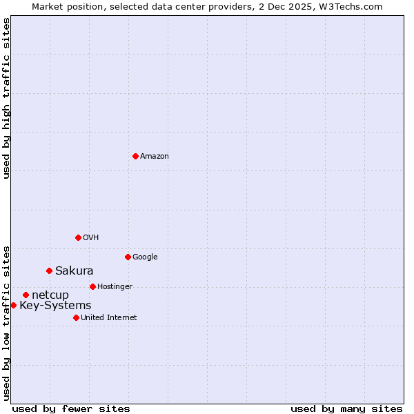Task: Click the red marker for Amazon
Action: [x=135, y=156]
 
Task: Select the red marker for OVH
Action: [x=78, y=237]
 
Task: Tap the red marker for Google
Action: [x=128, y=257]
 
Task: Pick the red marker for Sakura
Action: [x=49, y=270]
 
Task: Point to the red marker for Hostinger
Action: [x=92, y=286]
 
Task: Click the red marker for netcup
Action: [x=26, y=295]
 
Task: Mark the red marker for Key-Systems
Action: [x=13, y=305]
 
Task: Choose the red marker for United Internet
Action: [x=76, y=317]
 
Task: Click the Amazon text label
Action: [x=155, y=157]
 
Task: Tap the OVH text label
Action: [x=91, y=238]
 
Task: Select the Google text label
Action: [x=145, y=257]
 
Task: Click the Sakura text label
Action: [x=75, y=270]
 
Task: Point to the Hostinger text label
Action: [x=115, y=287]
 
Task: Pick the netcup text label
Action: [x=50, y=295]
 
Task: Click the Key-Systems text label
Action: [x=55, y=306]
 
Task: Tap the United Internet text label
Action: [x=109, y=318]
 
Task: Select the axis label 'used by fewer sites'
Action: [x=71, y=408]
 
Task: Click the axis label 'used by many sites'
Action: [x=346, y=408]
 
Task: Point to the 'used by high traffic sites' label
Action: [x=6, y=98]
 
